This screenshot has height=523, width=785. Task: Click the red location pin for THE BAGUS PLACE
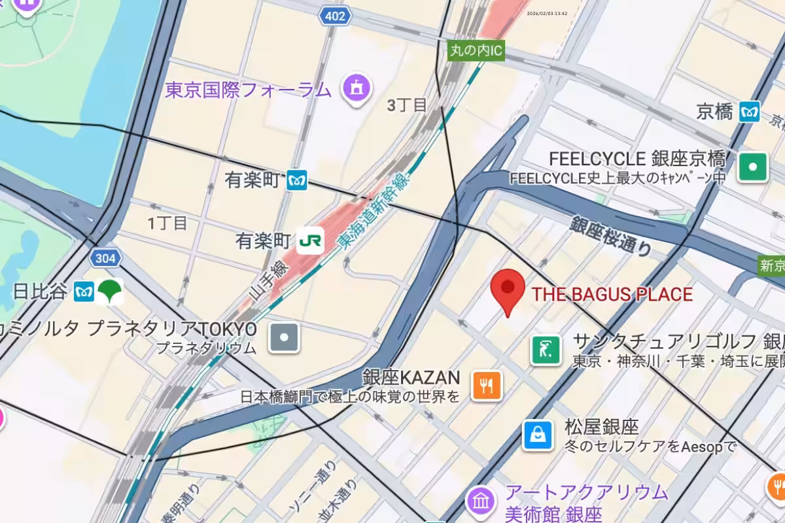tap(508, 288)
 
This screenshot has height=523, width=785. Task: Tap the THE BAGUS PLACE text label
tap(612, 294)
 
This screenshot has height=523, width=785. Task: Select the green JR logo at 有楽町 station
tap(310, 241)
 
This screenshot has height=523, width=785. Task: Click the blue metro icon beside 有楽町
tap(297, 180)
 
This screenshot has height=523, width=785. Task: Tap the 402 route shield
tap(335, 16)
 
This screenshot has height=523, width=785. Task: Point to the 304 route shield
tap(105, 258)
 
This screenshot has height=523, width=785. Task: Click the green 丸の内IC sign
tap(477, 50)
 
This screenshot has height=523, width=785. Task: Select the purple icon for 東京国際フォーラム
tap(357, 88)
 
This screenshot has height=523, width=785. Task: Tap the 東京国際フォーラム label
tap(249, 90)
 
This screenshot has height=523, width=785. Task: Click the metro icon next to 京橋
tap(750, 112)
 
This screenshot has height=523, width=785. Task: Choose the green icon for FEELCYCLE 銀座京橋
tap(753, 167)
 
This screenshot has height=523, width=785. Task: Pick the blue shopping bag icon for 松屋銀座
tap(537, 435)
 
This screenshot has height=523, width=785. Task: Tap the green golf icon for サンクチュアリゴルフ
tap(546, 350)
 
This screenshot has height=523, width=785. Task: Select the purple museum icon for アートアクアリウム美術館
tap(481, 501)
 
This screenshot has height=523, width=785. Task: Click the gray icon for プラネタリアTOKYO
tap(285, 338)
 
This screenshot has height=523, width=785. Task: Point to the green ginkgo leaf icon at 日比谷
tap(110, 291)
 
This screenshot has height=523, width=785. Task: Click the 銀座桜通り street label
tap(611, 236)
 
